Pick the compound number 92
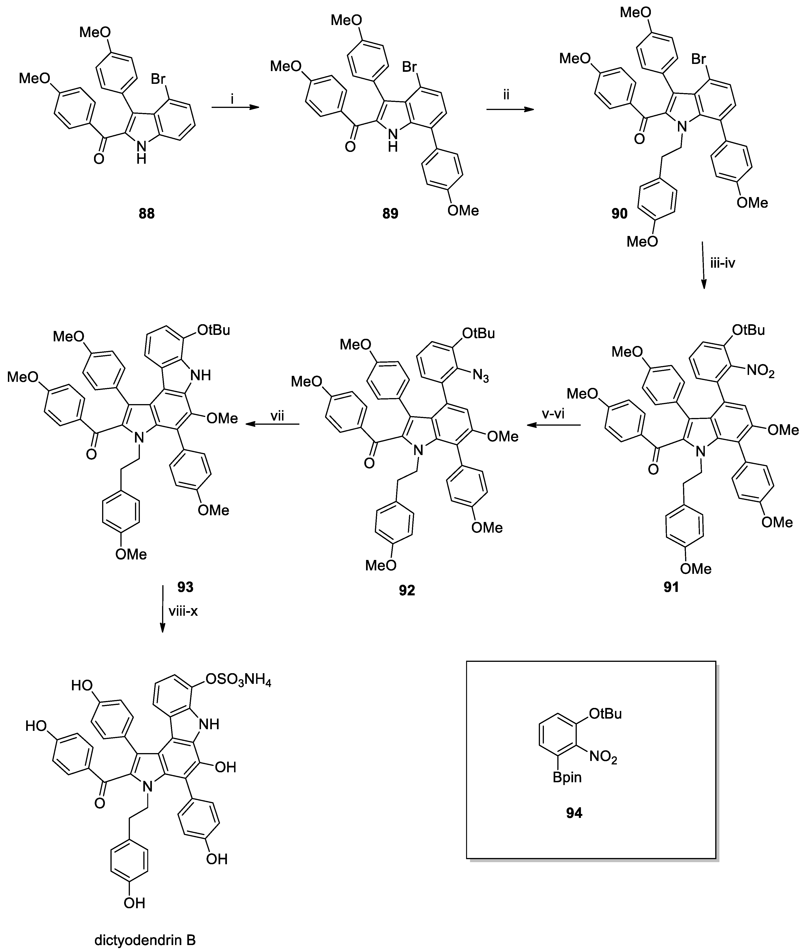pyautogui.click(x=407, y=591)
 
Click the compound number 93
pyautogui.click(x=185, y=587)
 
